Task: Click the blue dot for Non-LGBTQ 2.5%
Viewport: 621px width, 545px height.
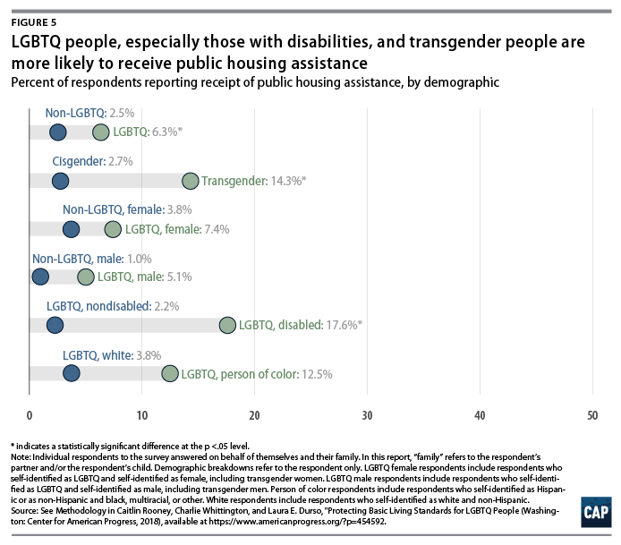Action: (x=58, y=132)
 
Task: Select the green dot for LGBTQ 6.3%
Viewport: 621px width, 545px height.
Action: (x=101, y=132)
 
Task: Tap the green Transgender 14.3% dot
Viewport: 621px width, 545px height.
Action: (x=191, y=181)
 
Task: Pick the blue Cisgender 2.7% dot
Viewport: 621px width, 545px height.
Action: (x=60, y=181)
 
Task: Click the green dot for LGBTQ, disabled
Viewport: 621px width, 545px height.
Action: (x=227, y=325)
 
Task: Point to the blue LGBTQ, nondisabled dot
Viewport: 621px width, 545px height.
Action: (x=55, y=325)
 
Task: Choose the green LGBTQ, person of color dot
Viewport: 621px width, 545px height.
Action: (x=170, y=373)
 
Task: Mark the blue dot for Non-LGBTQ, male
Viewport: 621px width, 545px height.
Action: (x=40, y=277)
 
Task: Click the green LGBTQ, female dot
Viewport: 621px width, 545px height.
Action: (x=113, y=229)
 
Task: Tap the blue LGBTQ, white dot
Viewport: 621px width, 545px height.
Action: (x=72, y=373)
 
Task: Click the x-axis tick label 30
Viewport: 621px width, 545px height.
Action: (x=367, y=415)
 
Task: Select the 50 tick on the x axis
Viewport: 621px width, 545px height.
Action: (x=591, y=415)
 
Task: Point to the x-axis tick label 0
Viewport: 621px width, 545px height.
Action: (x=30, y=415)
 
